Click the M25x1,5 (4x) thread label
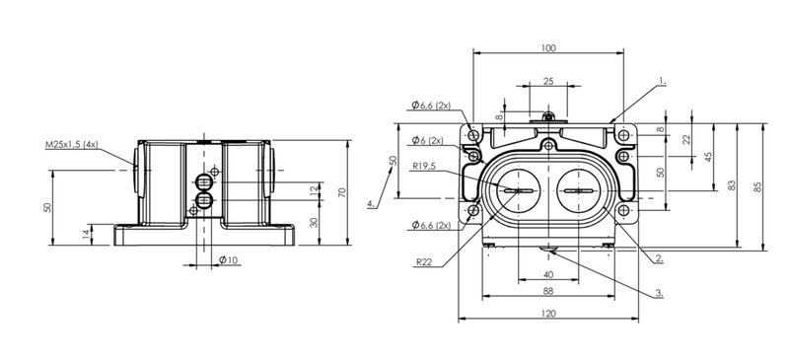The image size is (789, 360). pos(71,145)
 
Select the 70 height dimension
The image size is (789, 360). pos(342,192)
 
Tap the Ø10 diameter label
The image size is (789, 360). pos(228,259)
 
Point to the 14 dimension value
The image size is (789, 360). pos(86,234)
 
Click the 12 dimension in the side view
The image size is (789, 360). pos(314,190)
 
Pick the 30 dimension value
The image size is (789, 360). pos(314,222)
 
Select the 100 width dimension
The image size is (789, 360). pos(548,47)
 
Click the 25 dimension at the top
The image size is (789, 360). pos(548,81)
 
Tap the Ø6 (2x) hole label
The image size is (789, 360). pos(428,140)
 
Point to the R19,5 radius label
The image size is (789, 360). pos(423,166)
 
